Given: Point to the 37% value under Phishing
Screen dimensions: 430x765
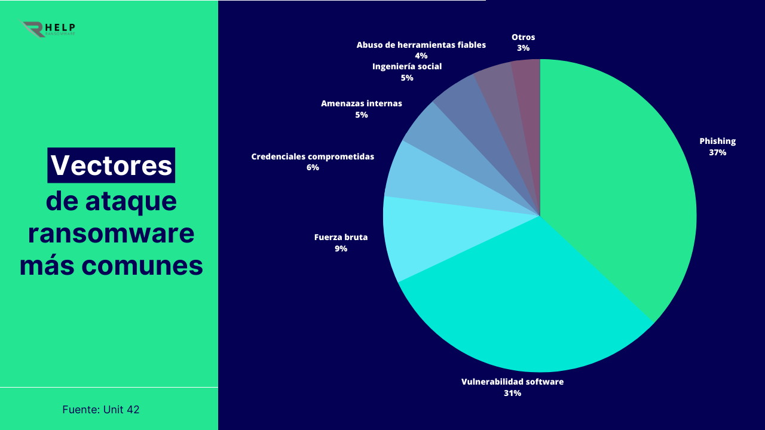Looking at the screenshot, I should pos(717,152).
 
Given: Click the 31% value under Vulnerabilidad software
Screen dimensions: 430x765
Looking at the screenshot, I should pos(512,393).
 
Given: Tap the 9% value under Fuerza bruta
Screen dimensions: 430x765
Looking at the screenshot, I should pos(341,248).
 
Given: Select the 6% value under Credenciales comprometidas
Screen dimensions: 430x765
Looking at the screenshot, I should pos(313,168).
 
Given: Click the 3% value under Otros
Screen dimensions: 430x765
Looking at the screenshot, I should pos(524,48).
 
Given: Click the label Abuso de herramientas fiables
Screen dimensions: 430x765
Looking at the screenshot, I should pos(421,45).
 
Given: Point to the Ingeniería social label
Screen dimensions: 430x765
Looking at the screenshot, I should pos(406,66).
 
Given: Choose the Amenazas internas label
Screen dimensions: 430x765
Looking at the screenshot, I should pos(361,103).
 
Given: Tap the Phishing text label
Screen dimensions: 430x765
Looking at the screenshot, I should pos(717,142).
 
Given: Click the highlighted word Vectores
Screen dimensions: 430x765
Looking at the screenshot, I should pos(111,165).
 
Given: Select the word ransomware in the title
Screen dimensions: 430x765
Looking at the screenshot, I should pos(111,233).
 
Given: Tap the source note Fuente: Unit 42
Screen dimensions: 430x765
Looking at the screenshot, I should pos(100,410).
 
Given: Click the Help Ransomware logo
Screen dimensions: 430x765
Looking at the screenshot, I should pos(48,29).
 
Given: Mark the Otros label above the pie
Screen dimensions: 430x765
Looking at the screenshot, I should pos(523,37).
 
